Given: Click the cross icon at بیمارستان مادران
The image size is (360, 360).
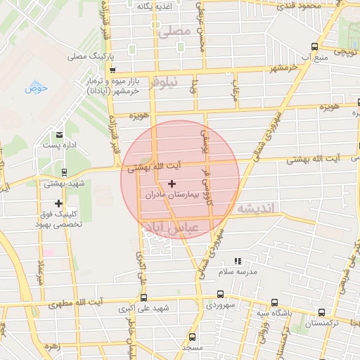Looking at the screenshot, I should (x=172, y=184).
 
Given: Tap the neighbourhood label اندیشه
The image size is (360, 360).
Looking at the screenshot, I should (x=259, y=208).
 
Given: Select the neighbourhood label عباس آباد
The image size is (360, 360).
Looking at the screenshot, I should (x=171, y=227).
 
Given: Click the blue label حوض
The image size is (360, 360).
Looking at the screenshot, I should (x=35, y=88).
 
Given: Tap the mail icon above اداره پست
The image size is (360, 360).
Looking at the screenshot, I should (x=59, y=134).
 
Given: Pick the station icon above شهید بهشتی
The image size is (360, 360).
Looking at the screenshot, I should (x=64, y=172).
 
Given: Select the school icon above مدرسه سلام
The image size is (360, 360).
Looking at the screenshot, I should (x=237, y=261).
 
